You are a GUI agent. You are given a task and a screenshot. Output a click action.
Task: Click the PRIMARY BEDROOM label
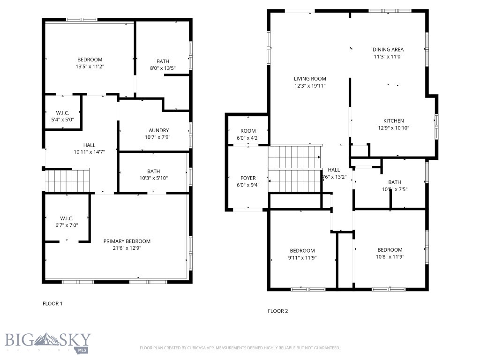click(127, 241)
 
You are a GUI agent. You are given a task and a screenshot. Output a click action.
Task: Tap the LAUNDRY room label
click(157, 130)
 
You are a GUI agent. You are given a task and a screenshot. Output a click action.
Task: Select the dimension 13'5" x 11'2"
click(90, 67)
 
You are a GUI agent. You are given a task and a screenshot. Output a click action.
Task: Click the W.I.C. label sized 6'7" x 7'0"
click(67, 218)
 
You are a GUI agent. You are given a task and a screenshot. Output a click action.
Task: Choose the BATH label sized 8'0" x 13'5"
click(163, 61)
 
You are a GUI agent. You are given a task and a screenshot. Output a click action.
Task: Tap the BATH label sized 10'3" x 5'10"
click(153, 172)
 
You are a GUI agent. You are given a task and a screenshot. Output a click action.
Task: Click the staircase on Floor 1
click(67, 180)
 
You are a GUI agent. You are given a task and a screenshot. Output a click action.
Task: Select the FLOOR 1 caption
click(52, 304)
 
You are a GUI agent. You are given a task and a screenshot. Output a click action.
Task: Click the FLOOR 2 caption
click(277, 311)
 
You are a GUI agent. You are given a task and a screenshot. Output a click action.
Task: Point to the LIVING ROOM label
click(310, 79)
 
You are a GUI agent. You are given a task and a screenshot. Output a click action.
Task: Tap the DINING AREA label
click(388, 49)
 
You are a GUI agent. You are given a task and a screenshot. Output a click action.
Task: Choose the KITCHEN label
click(393, 121)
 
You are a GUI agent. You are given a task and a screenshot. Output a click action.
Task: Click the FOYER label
click(248, 178)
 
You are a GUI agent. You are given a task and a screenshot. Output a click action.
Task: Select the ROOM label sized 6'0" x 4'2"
click(248, 131)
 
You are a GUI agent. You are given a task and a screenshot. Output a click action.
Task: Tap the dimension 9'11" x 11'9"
click(302, 257)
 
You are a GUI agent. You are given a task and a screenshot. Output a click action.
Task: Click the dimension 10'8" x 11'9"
click(390, 256)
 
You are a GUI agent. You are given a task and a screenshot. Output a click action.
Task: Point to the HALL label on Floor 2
click(334, 170)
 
